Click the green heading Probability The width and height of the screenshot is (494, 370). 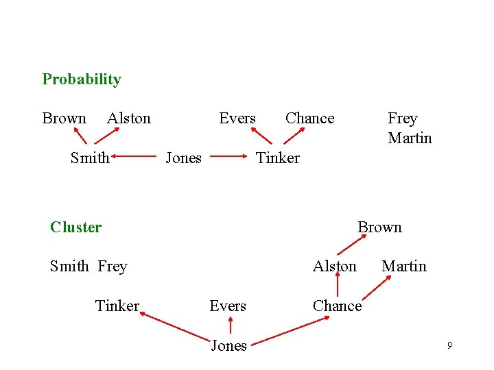pyautogui.click(x=82, y=79)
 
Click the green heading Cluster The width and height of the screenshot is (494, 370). pyautogui.click(x=75, y=227)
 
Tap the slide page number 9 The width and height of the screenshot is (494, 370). pyautogui.click(x=449, y=345)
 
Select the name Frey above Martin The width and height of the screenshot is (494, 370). pyautogui.click(x=402, y=119)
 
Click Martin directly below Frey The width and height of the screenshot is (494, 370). pyautogui.click(x=410, y=138)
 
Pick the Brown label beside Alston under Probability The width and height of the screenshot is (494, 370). pyautogui.click(x=64, y=119)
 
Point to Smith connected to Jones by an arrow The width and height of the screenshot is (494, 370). pyautogui.click(x=90, y=158)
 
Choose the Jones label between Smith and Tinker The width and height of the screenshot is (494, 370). pyautogui.click(x=184, y=158)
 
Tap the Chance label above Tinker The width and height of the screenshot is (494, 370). pyautogui.click(x=309, y=119)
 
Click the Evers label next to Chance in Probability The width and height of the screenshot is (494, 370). pyautogui.click(x=237, y=119)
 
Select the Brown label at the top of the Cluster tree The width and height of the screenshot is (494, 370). pyautogui.click(x=379, y=227)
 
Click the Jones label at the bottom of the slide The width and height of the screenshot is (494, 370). pyautogui.click(x=228, y=346)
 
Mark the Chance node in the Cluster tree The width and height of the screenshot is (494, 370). pyautogui.click(x=337, y=306)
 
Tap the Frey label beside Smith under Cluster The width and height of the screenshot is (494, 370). pyautogui.click(x=113, y=267)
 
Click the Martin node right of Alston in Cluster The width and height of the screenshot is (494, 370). pyautogui.click(x=403, y=267)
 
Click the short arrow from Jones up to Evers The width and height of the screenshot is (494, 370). pyautogui.click(x=229, y=325)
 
